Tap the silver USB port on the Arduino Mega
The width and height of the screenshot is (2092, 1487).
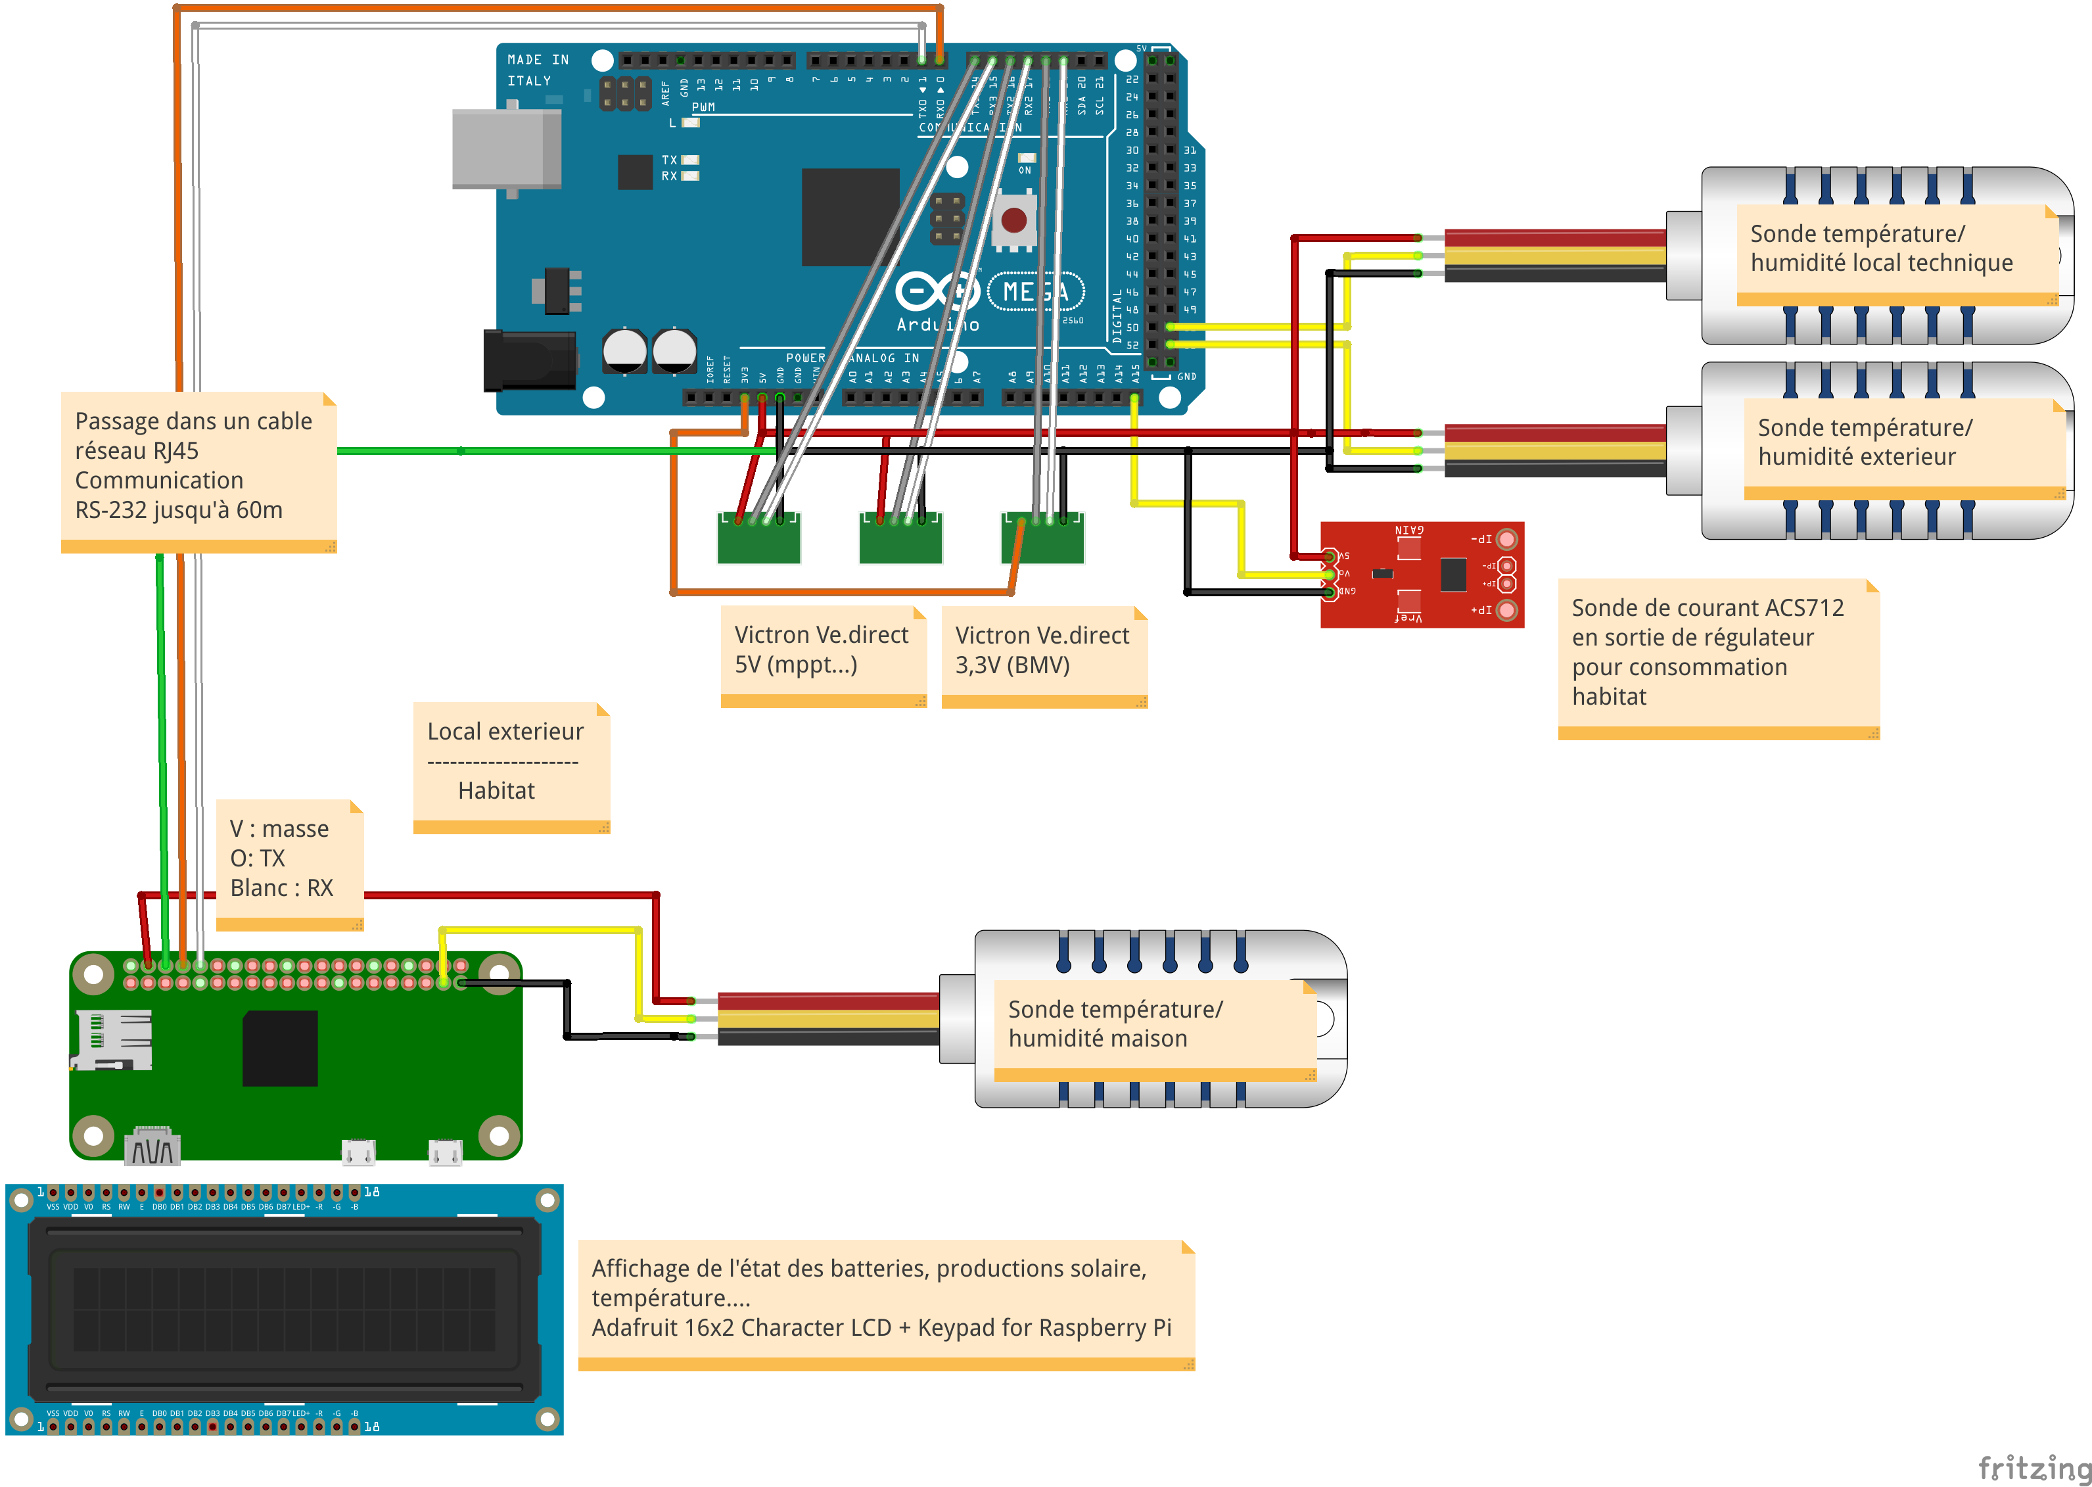[506, 149]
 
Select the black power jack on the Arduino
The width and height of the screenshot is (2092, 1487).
[529, 360]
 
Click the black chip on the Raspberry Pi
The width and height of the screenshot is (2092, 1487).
[279, 1049]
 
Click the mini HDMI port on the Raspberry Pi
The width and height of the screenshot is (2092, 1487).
[152, 1147]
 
